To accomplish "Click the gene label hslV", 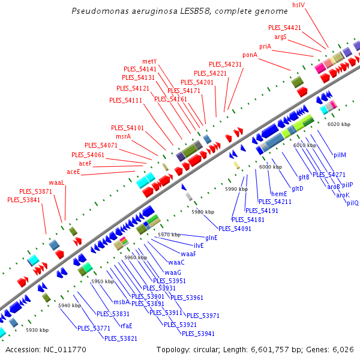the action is click(x=299, y=5).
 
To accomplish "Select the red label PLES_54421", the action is click(x=284, y=28).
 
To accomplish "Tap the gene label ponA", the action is click(x=250, y=55).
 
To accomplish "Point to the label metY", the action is click(x=149, y=61).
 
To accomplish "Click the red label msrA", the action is click(x=124, y=136).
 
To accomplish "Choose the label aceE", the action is click(x=74, y=172).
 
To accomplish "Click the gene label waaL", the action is click(x=56, y=182).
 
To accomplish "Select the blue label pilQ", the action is click(x=352, y=203).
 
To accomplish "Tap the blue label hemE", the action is click(x=280, y=194).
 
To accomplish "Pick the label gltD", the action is click(x=298, y=188).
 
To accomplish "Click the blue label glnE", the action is click(x=211, y=238).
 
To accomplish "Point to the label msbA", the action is click(x=122, y=302).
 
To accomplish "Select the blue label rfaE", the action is click(x=127, y=326).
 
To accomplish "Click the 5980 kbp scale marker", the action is click(x=203, y=212).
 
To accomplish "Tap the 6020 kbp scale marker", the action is click(x=339, y=124).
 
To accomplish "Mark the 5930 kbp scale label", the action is click(x=37, y=330).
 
